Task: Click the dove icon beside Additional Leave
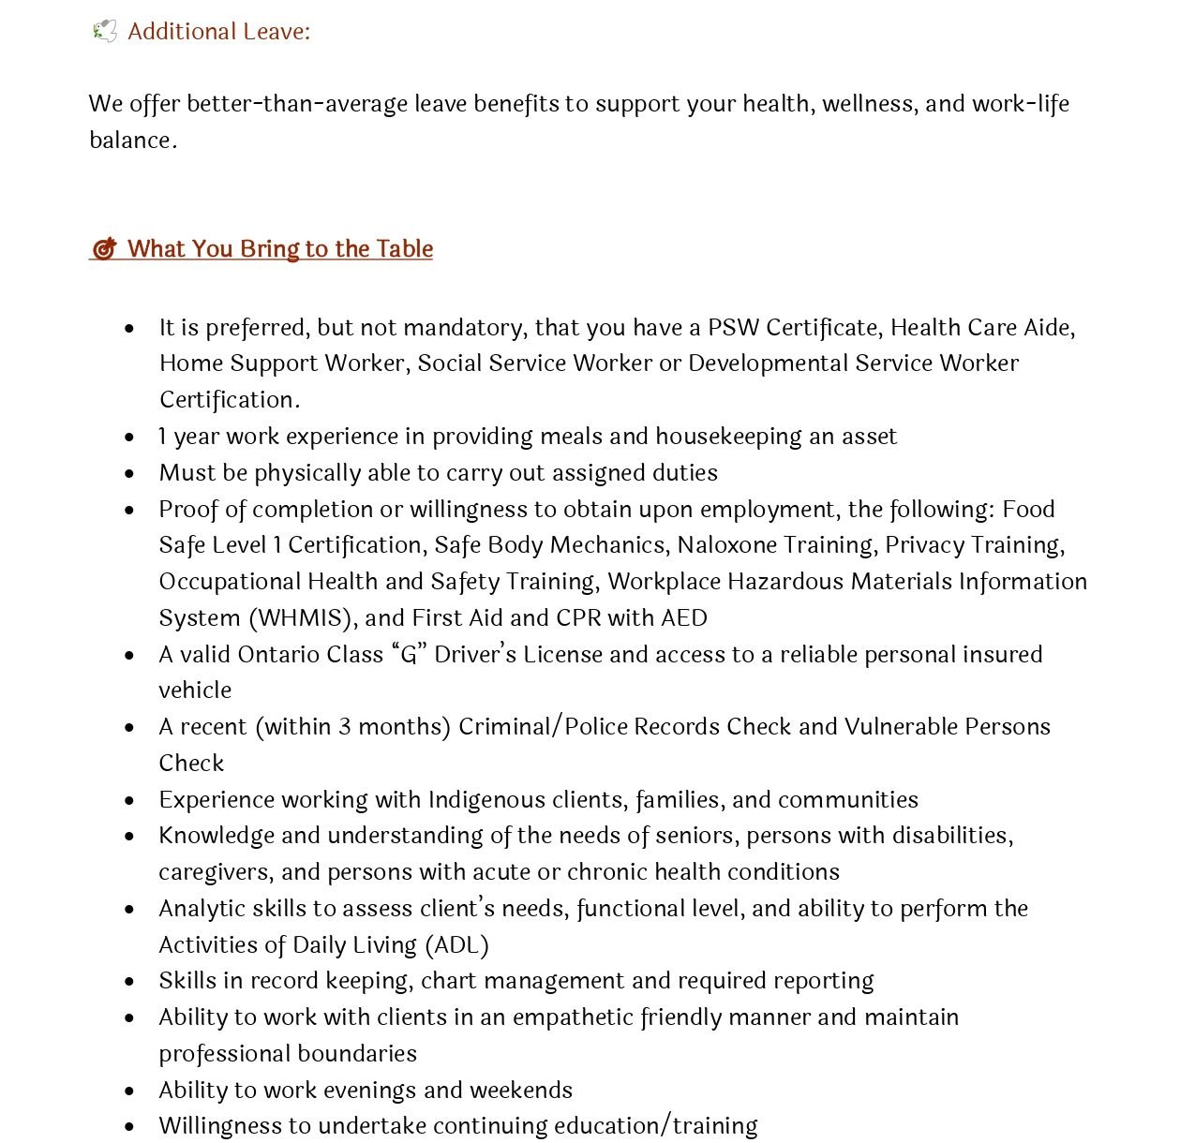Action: click(104, 32)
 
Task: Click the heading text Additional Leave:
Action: click(218, 32)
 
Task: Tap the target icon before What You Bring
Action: click(104, 249)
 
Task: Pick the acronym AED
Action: click(683, 618)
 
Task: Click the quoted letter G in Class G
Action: click(408, 654)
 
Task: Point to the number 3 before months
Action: click(345, 727)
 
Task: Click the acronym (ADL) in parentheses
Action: click(456, 945)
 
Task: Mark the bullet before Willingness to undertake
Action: click(129, 1126)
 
